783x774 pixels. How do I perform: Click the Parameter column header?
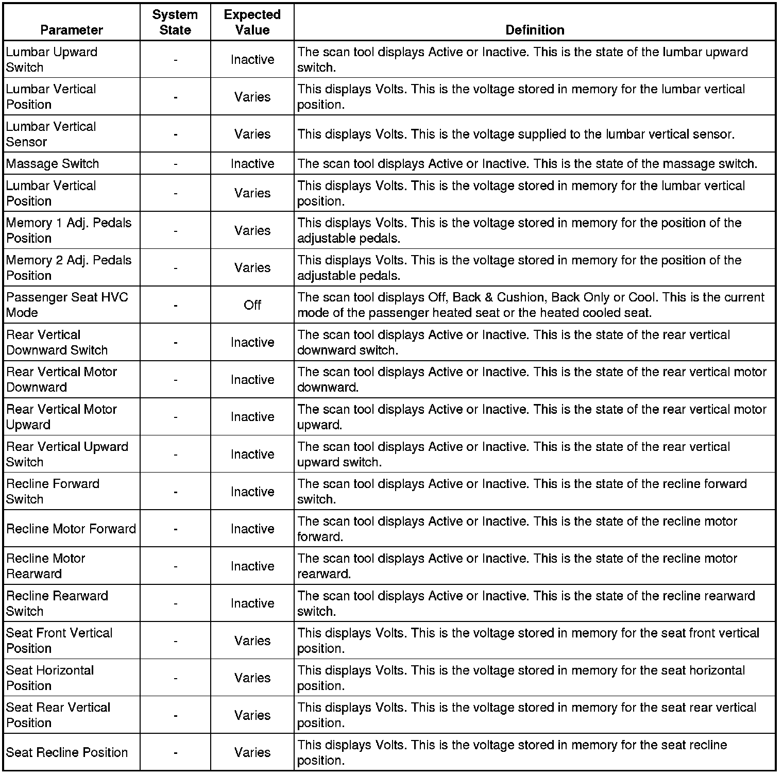pos(72,30)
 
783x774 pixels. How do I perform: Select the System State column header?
pos(175,22)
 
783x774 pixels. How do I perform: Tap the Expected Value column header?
pos(252,22)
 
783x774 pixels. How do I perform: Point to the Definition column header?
pos(535,30)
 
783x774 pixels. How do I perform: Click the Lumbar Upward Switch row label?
pos(52,60)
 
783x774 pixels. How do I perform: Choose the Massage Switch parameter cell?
pos(53,164)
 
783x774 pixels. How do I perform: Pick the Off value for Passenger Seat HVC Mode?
pos(252,305)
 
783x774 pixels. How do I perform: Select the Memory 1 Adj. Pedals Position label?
pos(69,230)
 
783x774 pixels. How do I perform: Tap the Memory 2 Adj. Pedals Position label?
pos(69,268)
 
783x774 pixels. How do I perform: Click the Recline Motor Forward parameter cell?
pos(71,529)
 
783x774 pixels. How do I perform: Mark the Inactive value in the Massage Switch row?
pos(252,164)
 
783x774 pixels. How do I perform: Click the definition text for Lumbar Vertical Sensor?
pos(516,134)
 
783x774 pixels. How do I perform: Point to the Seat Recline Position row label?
pos(67,752)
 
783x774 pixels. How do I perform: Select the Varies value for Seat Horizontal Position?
pos(252,678)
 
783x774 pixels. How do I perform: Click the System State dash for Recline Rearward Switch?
pos(176,603)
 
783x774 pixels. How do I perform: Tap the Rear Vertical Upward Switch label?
pos(67,454)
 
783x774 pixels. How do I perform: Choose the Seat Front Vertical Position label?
pos(59,641)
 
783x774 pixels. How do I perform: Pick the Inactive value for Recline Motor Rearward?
pos(252,566)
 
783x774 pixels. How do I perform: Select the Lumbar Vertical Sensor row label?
pos(51,134)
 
